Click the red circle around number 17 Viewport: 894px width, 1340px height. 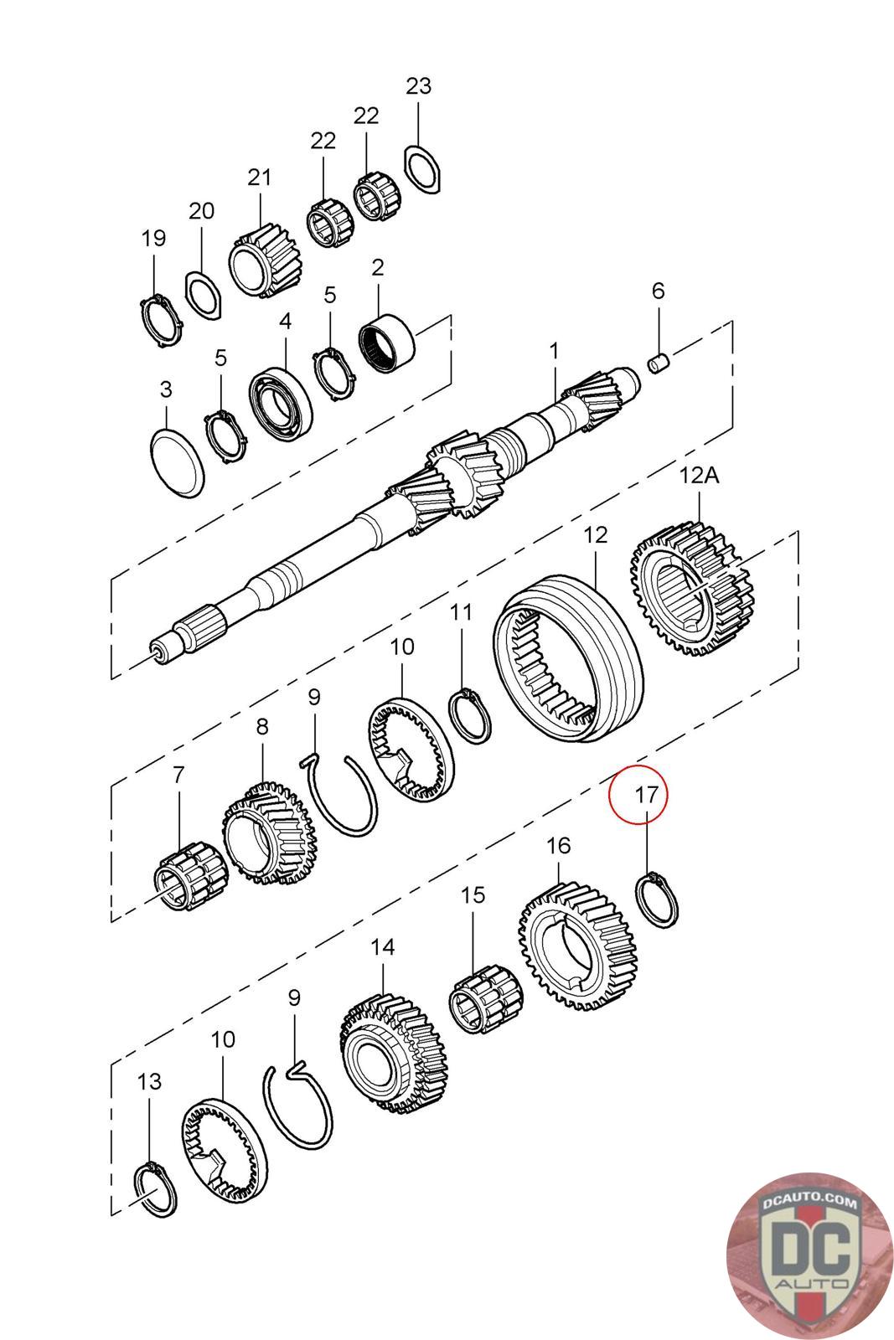tap(638, 794)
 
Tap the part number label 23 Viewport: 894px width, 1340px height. tap(418, 85)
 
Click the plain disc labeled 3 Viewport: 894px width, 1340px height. tap(177, 462)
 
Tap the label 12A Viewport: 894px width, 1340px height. tap(700, 476)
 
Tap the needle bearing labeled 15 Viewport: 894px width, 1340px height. tap(486, 996)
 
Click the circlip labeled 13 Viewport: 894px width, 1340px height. tap(156, 1189)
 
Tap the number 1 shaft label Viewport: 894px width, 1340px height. tap(553, 350)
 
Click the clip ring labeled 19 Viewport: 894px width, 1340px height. tap(159, 320)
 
